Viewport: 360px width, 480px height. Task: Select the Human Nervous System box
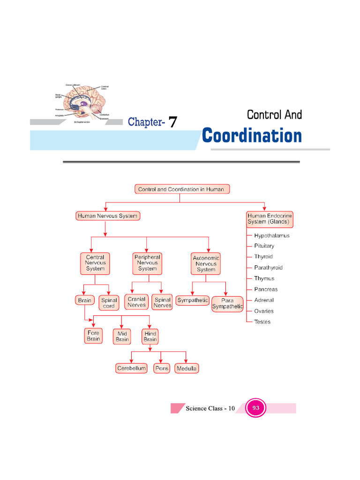pyautogui.click(x=107, y=216)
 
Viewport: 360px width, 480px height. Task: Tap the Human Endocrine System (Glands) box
pyautogui.click(x=270, y=219)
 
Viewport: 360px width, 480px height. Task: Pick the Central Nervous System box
pyautogui.click(x=95, y=263)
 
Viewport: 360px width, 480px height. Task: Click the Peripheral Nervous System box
pyautogui.click(x=147, y=263)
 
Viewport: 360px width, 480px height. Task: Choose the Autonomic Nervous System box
pyautogui.click(x=206, y=264)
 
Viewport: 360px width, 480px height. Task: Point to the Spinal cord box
pyautogui.click(x=109, y=303)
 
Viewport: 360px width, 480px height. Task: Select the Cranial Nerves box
pyautogui.click(x=136, y=302)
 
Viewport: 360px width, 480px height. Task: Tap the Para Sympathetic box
pyautogui.click(x=227, y=304)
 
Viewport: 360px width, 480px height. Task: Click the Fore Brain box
pyautogui.click(x=93, y=336)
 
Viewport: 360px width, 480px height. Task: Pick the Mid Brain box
pyautogui.click(x=122, y=337)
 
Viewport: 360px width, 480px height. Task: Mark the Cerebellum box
pyautogui.click(x=132, y=368)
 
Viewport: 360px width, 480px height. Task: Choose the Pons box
pyautogui.click(x=162, y=368)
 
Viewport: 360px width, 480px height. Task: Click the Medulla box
pyautogui.click(x=187, y=368)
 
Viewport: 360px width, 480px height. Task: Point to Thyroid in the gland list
pyautogui.click(x=263, y=257)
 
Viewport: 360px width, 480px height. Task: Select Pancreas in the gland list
pyautogui.click(x=266, y=289)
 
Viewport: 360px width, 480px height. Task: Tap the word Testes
pyautogui.click(x=262, y=322)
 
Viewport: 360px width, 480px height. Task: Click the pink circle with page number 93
pyautogui.click(x=256, y=408)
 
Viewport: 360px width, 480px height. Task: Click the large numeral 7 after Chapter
pyautogui.click(x=172, y=123)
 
